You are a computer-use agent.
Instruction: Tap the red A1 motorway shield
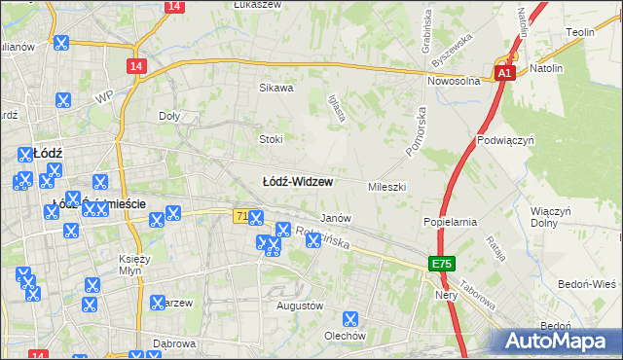503,73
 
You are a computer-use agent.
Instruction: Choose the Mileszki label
386,186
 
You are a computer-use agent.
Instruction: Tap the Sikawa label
275,88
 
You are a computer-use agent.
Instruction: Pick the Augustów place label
300,306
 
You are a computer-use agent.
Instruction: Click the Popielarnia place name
450,222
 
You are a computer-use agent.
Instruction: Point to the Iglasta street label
338,106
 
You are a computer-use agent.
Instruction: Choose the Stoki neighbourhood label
271,139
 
